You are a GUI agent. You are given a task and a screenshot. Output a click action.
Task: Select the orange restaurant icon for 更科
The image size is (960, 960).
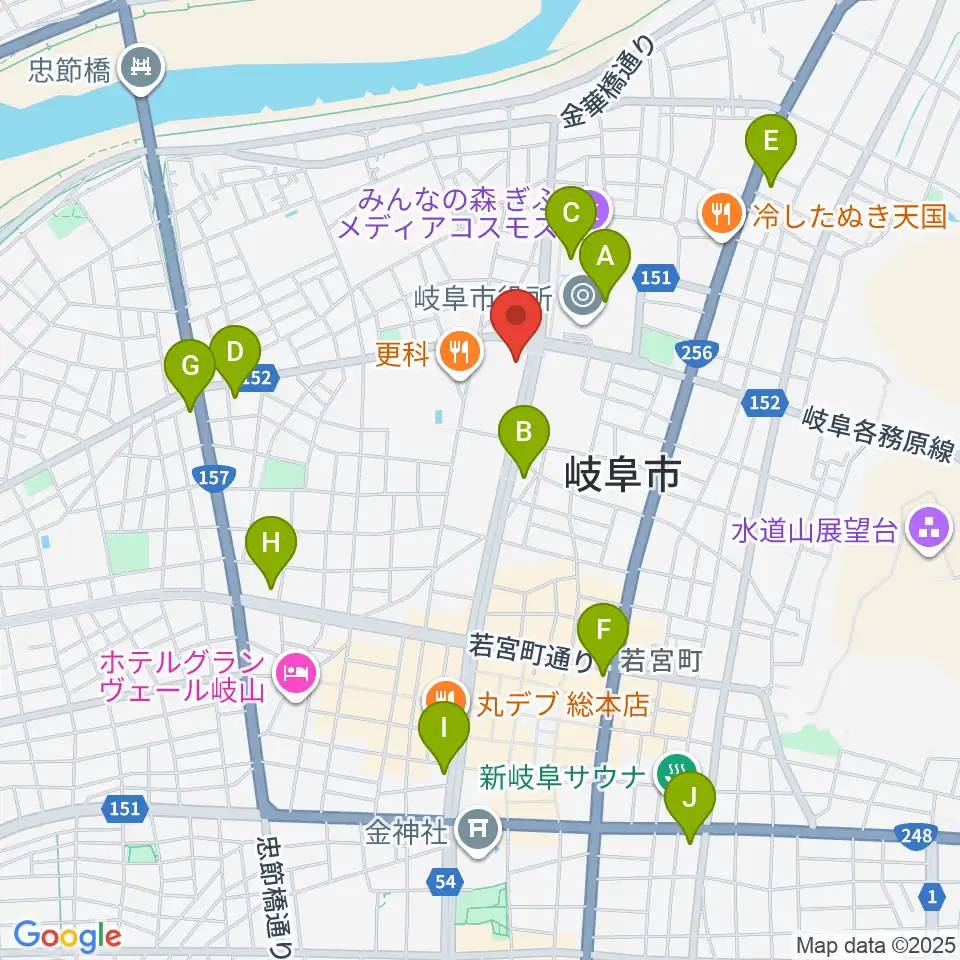pyautogui.click(x=458, y=351)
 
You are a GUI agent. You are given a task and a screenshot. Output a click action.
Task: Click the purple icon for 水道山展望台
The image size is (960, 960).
pyautogui.click(x=925, y=530)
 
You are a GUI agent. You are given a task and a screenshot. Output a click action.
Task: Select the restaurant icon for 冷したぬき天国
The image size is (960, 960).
pyautogui.click(x=720, y=213)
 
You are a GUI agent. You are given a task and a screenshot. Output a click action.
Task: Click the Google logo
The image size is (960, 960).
pyautogui.click(x=67, y=936)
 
